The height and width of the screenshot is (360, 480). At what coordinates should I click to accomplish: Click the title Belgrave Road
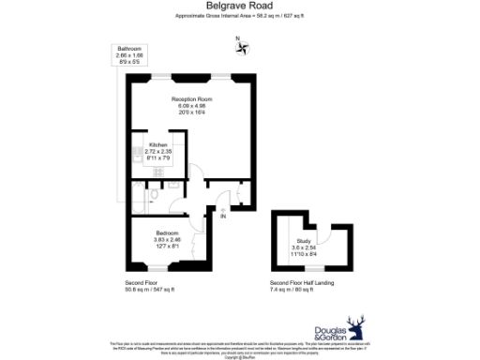point(239,6)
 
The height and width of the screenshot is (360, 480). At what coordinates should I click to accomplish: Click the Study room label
point(302,241)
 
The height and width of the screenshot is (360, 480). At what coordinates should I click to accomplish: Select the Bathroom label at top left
point(129,48)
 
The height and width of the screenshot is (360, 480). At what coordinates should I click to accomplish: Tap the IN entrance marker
point(222,217)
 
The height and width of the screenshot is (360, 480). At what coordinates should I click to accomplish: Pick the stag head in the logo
point(355,327)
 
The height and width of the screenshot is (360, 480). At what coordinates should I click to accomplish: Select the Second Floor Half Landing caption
point(302,282)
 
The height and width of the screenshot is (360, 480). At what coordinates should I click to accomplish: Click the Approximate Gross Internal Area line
point(239,16)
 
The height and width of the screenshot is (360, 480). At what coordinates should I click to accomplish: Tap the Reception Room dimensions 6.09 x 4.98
point(191,105)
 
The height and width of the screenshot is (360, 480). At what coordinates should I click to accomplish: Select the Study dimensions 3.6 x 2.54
point(302,247)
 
